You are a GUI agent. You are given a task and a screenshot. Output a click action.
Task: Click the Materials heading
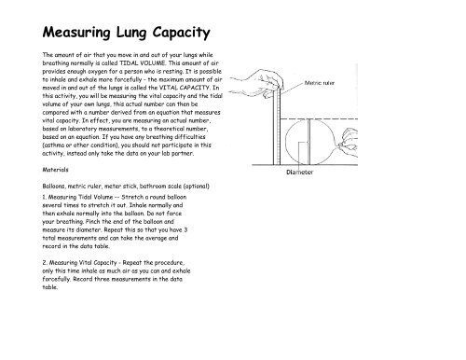coord(59,171)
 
